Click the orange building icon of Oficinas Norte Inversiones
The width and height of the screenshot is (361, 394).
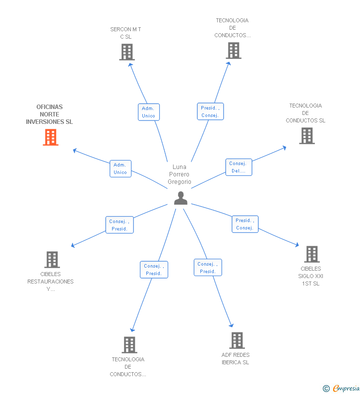(51, 137)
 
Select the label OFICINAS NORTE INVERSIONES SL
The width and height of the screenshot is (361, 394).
(50, 114)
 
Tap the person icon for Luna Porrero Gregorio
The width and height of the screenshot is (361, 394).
(181, 198)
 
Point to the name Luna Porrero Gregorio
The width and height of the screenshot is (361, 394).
(179, 174)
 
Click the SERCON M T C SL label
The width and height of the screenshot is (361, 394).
(125, 33)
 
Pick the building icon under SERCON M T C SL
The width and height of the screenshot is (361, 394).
(127, 52)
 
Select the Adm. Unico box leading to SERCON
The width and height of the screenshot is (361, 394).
(149, 112)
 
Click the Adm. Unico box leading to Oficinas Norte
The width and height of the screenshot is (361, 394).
(120, 169)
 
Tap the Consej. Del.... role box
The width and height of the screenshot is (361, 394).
(239, 167)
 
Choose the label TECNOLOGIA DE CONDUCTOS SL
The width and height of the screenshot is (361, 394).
(305, 113)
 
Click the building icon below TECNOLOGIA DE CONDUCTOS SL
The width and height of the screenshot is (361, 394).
(307, 136)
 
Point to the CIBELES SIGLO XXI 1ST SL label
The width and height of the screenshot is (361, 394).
(311, 276)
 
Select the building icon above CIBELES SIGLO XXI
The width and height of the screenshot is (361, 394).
(312, 254)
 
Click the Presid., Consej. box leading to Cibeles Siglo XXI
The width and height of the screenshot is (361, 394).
(245, 224)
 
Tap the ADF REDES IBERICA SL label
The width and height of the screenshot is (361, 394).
(236, 359)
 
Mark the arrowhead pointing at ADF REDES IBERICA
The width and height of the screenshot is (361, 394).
(231, 326)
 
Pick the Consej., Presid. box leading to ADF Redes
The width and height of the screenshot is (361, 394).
(208, 268)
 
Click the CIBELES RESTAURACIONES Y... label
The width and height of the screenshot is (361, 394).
(50, 281)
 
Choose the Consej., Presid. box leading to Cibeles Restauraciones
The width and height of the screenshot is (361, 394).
(120, 225)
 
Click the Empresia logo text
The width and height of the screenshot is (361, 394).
(346, 388)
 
